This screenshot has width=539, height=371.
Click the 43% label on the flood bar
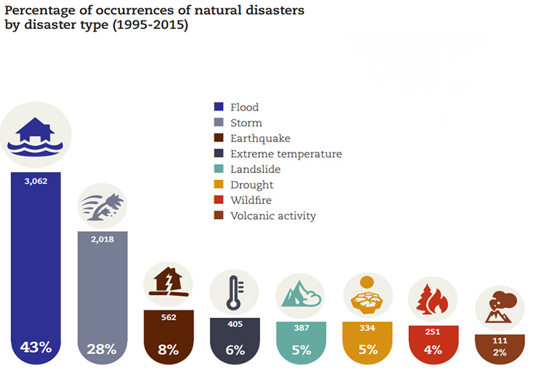tap(36, 347)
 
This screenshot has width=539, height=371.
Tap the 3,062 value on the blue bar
tap(36, 180)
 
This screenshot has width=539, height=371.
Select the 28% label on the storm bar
tap(102, 349)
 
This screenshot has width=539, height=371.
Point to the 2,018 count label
tap(102, 238)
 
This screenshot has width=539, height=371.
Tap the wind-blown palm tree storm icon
tap(102, 202)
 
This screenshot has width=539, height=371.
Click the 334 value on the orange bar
tap(367, 328)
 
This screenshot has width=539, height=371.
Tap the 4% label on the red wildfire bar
tap(433, 349)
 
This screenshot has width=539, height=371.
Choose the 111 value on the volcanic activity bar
tap(499, 341)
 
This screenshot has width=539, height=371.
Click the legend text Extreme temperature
tap(286, 154)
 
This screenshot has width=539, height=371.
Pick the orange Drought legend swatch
tap(218, 185)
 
